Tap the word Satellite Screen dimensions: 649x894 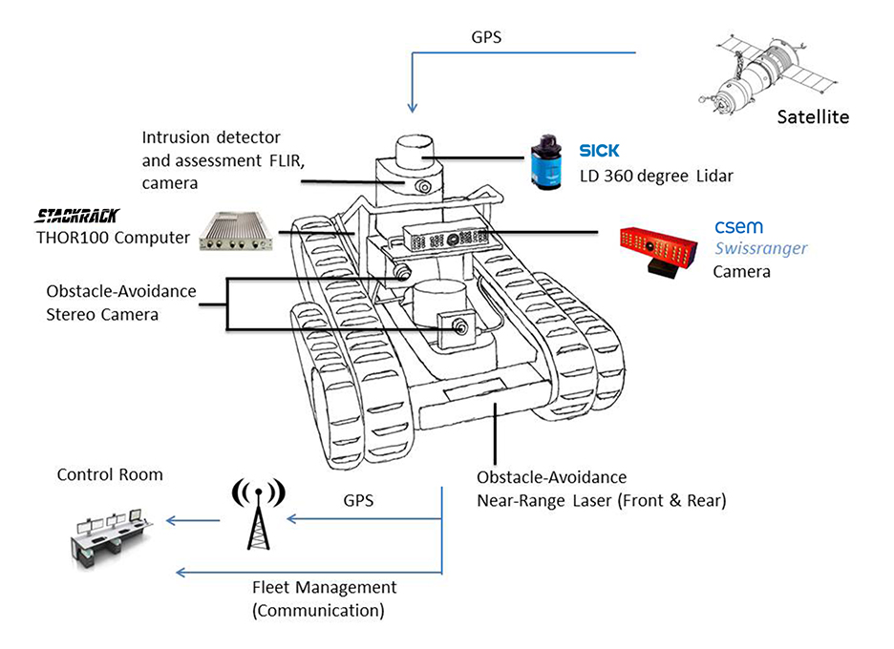pyautogui.click(x=812, y=117)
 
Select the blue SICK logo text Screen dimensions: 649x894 pyautogui.click(x=599, y=151)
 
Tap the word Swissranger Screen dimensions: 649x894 pyautogui.click(x=761, y=248)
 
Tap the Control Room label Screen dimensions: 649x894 pyautogui.click(x=110, y=474)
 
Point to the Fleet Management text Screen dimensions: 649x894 pyautogui.click(x=324, y=587)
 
